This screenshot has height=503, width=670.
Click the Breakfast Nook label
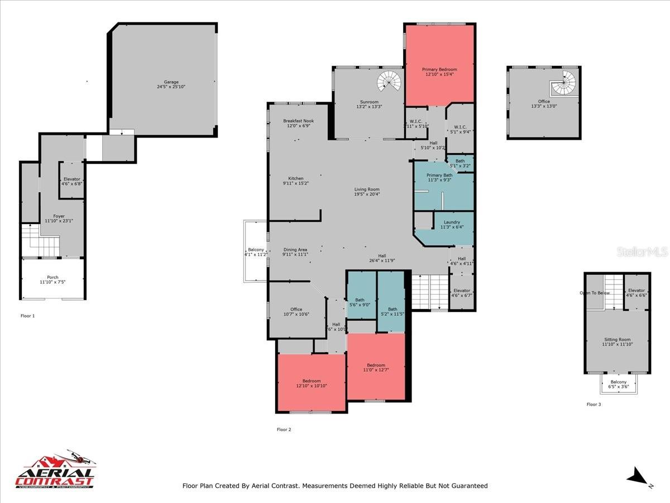(x=298, y=121)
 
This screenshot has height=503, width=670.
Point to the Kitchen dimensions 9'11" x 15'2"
(x=296, y=183)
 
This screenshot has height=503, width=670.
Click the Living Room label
(x=367, y=189)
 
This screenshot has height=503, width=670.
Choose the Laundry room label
(x=452, y=222)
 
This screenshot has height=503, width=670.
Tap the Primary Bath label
(x=439, y=175)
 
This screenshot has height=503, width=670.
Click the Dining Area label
(x=295, y=250)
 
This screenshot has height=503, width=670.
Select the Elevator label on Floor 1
(x=72, y=179)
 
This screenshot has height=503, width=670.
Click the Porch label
(x=52, y=277)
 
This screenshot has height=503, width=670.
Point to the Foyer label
(x=59, y=216)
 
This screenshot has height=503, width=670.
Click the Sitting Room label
(x=616, y=339)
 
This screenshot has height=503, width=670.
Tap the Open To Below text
(x=595, y=293)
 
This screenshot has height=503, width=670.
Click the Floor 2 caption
(x=284, y=429)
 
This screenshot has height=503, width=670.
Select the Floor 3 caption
(x=594, y=404)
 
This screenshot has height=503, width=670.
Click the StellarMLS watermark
(x=642, y=252)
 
